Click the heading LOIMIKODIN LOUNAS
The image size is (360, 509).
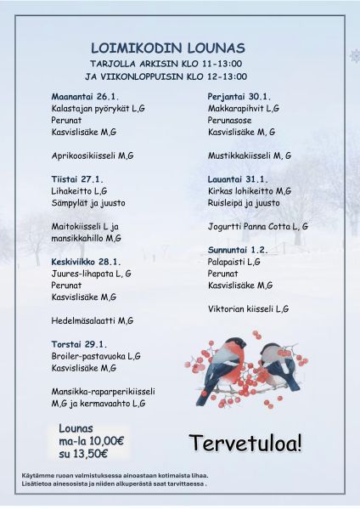pyautogui.click(x=167, y=48)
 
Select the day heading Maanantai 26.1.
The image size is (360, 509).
pyautogui.click(x=85, y=96)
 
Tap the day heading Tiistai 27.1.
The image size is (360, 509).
pyautogui.click(x=77, y=179)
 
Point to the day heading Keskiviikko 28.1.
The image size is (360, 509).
pyautogui.click(x=87, y=262)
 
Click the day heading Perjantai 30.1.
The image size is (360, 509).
pyautogui.click(x=239, y=96)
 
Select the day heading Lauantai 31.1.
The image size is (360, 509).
pyautogui.click(x=238, y=179)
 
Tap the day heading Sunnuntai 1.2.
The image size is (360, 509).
pyautogui.click(x=238, y=250)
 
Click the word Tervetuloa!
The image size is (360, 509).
pyautogui.click(x=245, y=443)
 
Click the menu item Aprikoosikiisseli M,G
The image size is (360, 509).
pyautogui.click(x=93, y=156)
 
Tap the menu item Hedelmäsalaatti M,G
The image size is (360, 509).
pyautogui.click(x=93, y=320)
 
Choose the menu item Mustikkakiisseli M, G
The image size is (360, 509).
pyautogui.click(x=250, y=156)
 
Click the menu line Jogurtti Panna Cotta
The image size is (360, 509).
pyautogui.click(x=257, y=227)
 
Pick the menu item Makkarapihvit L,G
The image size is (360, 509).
pyautogui.click(x=244, y=108)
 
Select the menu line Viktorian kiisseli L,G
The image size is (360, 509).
pyautogui.click(x=248, y=309)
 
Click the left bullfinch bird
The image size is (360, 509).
pyautogui.click(x=222, y=363)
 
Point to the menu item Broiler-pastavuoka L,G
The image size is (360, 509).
pyautogui.click(x=96, y=356)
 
